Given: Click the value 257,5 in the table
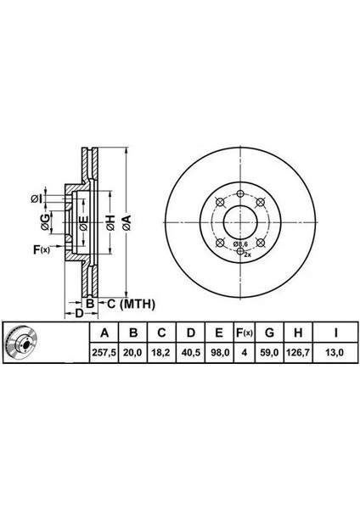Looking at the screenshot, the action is (x=104, y=352).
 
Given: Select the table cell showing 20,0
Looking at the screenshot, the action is (x=132, y=352).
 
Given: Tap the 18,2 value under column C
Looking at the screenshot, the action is (x=161, y=352).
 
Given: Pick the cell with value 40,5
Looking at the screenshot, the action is (x=190, y=352).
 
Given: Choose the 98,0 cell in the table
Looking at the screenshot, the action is (x=219, y=352).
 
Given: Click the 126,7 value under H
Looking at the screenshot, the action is (x=298, y=352).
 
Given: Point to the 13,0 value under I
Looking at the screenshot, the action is (x=335, y=352).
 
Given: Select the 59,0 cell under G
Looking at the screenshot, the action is (x=269, y=352).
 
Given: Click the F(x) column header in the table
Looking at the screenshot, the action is (x=244, y=333).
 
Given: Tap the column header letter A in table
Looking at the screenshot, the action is (x=104, y=333).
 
